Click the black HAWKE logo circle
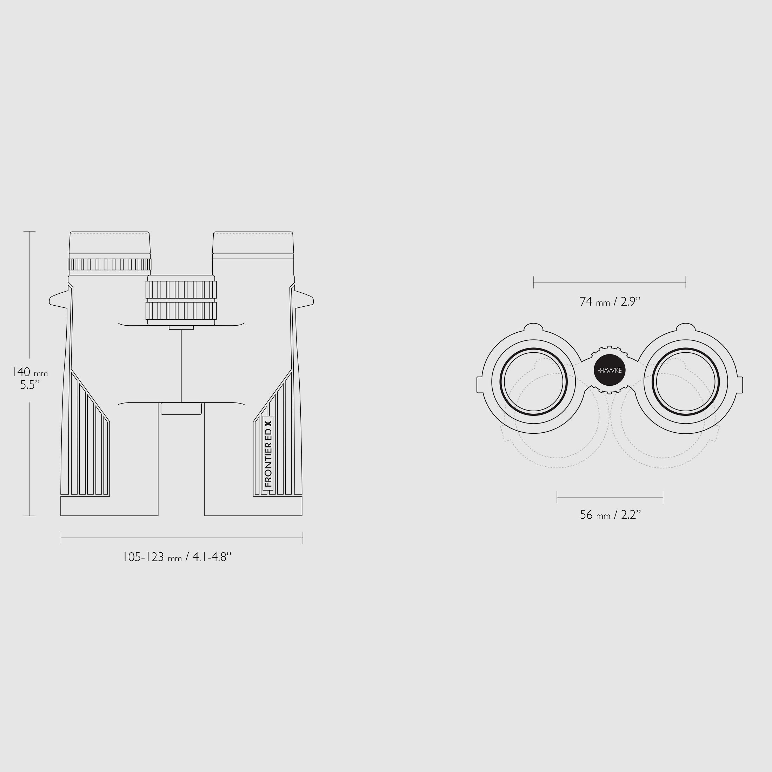(x=610, y=371)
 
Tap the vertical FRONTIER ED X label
(x=268, y=453)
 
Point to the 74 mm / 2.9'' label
(x=610, y=301)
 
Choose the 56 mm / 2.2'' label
(x=610, y=515)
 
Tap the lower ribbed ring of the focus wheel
(x=181, y=311)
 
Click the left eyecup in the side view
(x=109, y=242)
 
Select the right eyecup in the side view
(x=253, y=242)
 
